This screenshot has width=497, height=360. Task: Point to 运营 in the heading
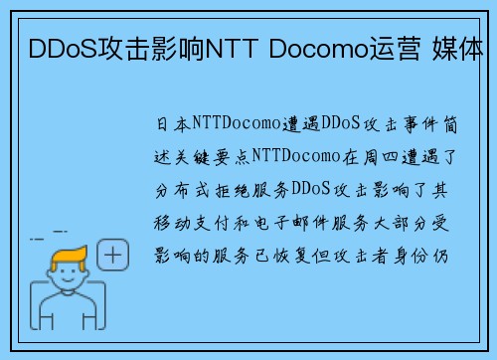point(389,47)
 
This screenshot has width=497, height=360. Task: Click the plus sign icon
point(114,257)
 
